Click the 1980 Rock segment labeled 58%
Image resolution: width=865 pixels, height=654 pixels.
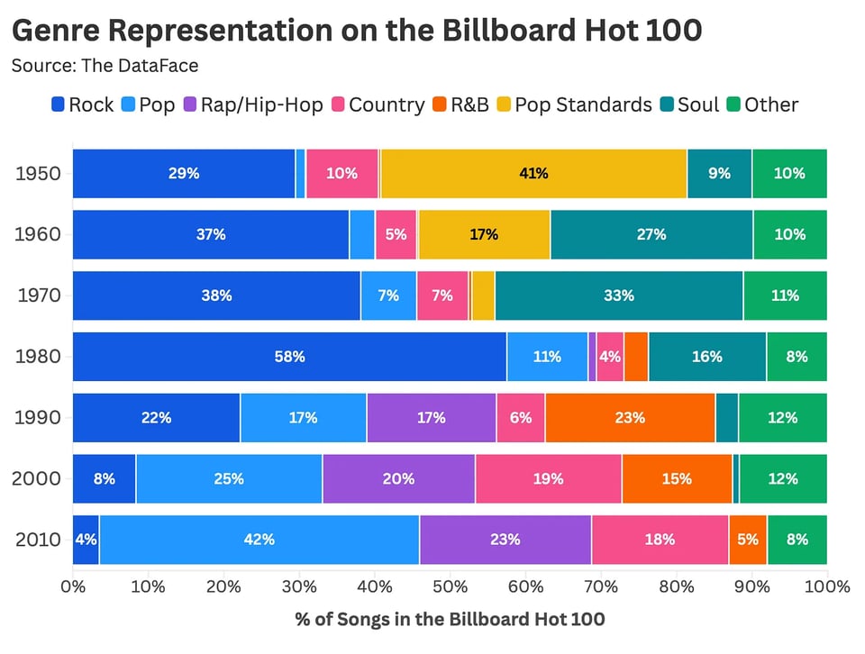point(289,357)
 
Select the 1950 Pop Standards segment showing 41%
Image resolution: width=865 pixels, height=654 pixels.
point(533,173)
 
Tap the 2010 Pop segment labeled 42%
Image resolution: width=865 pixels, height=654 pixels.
point(259,540)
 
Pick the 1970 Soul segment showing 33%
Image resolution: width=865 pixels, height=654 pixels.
point(619,295)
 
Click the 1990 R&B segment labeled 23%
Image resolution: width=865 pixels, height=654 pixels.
point(630,418)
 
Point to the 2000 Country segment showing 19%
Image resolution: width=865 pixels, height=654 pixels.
point(548,479)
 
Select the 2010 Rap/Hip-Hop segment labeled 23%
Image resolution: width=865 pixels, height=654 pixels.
point(505,540)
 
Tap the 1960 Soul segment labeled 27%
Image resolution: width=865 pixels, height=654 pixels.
point(651,234)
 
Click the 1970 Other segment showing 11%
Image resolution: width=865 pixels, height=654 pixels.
point(785,295)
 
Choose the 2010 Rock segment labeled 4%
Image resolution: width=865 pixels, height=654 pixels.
point(86,540)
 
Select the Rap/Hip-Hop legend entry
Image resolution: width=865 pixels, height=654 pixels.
point(252,104)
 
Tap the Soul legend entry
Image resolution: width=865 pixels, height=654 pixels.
point(689,104)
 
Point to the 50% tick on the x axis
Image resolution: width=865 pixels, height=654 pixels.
point(450,587)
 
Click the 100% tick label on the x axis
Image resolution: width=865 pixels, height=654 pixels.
point(827,587)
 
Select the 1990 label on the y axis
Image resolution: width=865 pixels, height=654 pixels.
point(38,418)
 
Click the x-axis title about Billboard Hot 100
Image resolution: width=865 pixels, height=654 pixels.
point(450,620)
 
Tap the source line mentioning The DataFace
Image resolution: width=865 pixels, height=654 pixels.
point(105,66)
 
